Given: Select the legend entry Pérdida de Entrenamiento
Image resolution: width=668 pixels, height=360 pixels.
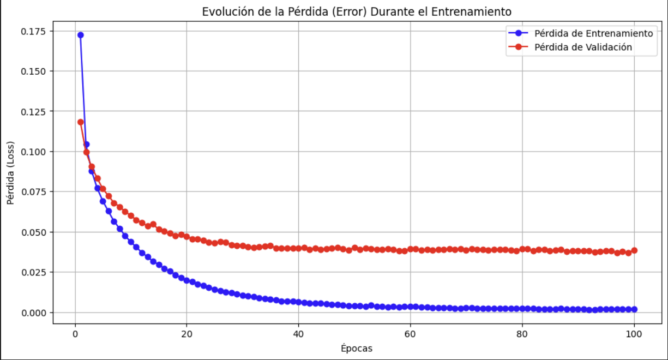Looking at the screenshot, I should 593,33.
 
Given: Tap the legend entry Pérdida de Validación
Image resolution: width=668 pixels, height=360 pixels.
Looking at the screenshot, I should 582,47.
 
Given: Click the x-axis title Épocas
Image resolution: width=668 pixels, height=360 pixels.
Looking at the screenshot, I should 357,347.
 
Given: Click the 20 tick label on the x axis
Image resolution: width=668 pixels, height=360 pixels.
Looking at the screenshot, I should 187,332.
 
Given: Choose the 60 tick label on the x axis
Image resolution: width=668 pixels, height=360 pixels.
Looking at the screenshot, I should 411,332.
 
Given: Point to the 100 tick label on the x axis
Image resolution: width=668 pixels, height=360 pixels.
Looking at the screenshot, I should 634,332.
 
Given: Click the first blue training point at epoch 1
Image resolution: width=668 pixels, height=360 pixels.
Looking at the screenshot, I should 81,35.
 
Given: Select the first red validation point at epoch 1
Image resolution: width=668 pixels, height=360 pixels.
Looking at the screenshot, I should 81,122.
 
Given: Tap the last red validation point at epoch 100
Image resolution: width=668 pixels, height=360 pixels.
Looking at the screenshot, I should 634,250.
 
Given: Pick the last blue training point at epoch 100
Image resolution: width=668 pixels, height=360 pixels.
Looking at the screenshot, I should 634,309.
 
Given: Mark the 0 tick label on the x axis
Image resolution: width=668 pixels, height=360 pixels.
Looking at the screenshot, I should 75,332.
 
